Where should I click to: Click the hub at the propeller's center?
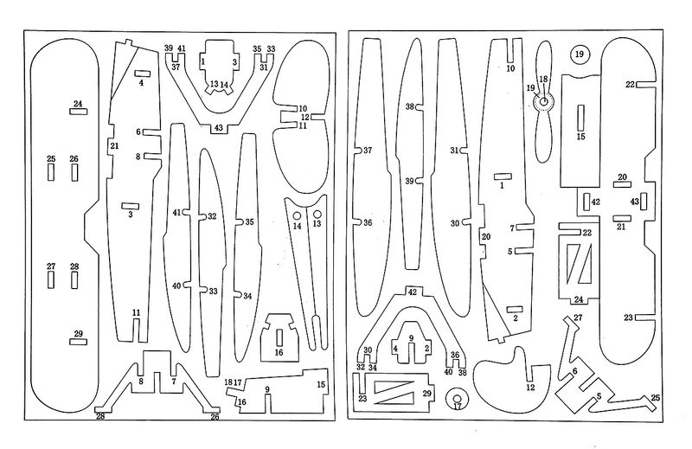544,103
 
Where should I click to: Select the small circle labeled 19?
580,55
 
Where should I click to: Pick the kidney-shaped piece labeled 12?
511,376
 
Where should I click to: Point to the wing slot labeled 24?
78,112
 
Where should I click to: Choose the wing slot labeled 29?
78,342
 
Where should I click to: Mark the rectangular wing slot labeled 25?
51,172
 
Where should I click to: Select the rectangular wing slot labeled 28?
74,280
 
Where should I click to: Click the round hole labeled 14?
297,214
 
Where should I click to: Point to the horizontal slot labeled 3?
130,204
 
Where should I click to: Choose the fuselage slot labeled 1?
502,176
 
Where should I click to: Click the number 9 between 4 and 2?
412,337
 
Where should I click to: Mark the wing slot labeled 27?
51,280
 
